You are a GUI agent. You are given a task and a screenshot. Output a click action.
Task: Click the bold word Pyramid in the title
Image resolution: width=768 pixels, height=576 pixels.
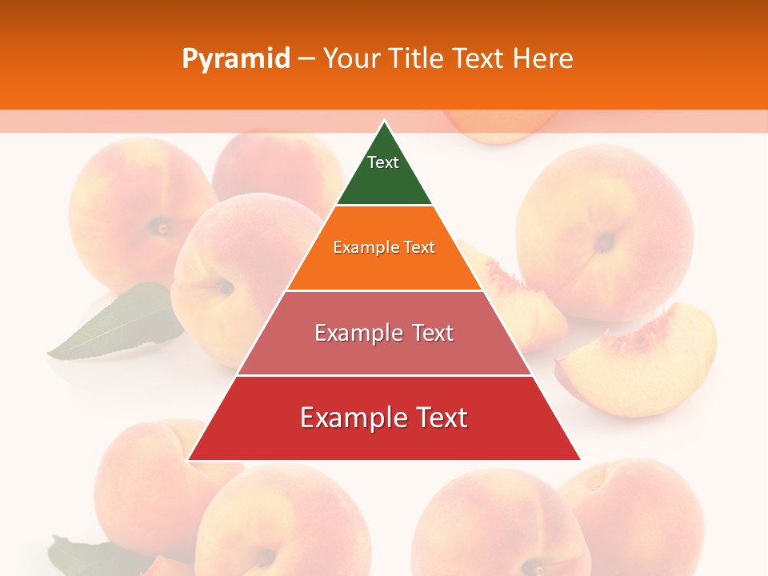point(235,58)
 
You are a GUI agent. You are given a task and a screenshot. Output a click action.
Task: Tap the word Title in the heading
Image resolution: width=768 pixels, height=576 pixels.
point(417,58)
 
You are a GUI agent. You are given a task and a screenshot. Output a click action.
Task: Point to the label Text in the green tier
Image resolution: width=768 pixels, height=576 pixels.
point(383,162)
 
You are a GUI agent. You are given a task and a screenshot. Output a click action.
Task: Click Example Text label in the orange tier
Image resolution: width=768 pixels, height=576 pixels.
point(384,247)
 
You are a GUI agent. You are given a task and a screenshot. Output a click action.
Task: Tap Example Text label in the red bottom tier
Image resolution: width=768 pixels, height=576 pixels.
point(384,418)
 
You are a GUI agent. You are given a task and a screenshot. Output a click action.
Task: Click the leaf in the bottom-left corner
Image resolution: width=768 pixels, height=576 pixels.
point(80,556)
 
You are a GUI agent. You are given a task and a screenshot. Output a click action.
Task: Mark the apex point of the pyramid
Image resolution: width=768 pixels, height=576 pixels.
point(384,122)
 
